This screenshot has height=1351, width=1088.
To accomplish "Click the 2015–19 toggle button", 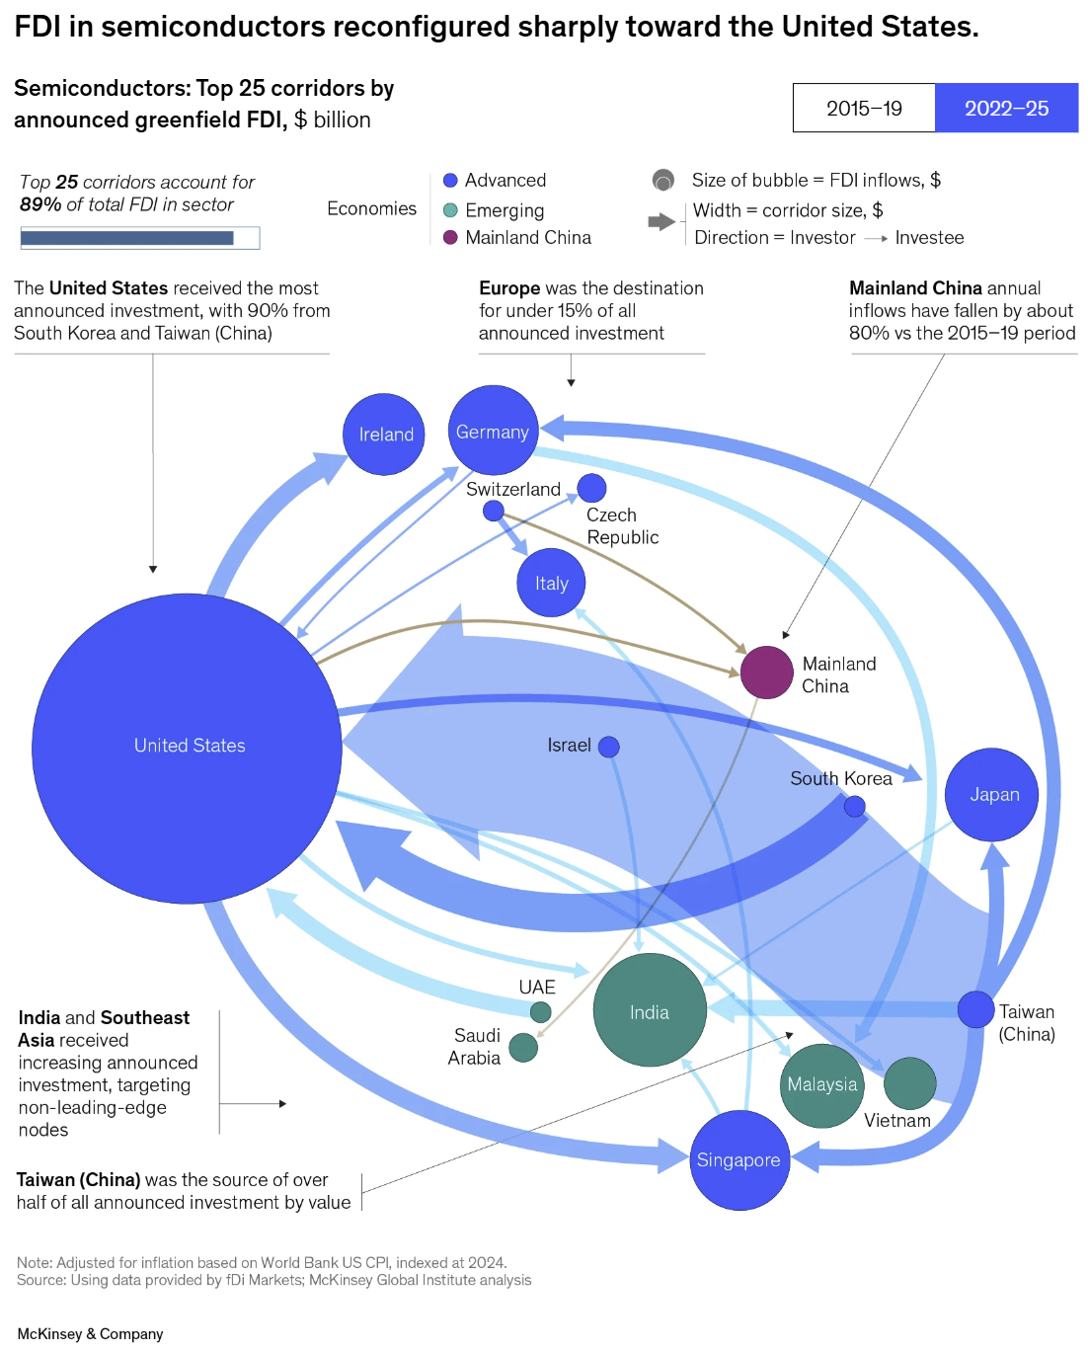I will (x=864, y=108).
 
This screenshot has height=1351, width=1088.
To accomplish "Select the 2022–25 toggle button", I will (x=1006, y=108).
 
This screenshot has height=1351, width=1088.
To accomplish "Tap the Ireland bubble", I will (x=384, y=435).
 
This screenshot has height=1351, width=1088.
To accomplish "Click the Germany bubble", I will (x=493, y=431).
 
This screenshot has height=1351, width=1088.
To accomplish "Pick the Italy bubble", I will (x=551, y=583).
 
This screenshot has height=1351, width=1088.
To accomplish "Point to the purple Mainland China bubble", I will (x=766, y=673).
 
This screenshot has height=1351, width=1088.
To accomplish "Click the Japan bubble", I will (x=991, y=795).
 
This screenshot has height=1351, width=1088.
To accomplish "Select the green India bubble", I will (x=650, y=1010).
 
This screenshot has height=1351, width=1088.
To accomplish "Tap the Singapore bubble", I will (x=739, y=1160).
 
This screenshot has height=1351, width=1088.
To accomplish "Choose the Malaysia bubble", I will (x=821, y=1085).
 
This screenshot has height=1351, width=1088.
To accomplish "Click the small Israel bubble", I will (x=609, y=747).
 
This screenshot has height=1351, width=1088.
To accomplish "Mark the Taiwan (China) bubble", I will (x=975, y=1009).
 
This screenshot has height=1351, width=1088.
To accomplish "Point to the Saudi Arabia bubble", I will (x=523, y=1048).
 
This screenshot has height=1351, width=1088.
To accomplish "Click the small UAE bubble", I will (x=540, y=1011).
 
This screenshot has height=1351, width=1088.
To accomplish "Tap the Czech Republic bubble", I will (x=591, y=487).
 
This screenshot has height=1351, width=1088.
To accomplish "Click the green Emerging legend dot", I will (x=450, y=209).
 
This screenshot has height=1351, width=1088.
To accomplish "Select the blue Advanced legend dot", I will (x=450, y=180).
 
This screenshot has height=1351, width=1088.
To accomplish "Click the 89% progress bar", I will (x=139, y=238).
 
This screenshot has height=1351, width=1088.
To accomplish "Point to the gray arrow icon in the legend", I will (x=661, y=222).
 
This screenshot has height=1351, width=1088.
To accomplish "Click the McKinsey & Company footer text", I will (x=90, y=1334).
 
